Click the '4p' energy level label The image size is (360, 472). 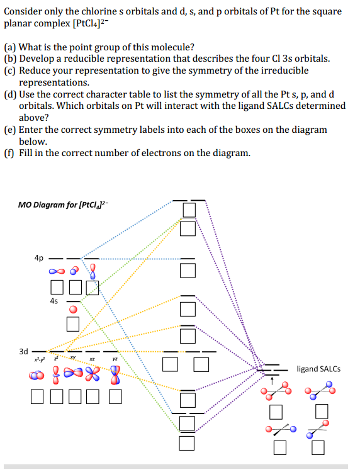39,257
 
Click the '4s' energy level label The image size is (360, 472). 55,301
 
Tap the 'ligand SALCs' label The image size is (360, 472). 318,369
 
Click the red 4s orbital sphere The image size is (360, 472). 74,309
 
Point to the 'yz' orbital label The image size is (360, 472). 115,359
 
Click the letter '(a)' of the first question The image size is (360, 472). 10,47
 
